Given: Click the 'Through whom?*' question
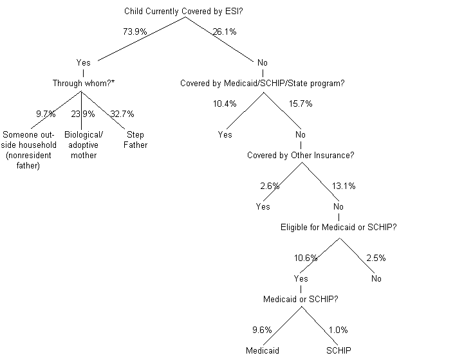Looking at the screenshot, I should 84,83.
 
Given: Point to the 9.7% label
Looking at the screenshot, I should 46,114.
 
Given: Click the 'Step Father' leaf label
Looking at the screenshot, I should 135,139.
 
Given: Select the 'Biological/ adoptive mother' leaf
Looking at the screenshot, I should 83,145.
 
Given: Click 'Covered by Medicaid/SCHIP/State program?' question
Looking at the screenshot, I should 262,83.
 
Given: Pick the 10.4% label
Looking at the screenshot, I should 224,104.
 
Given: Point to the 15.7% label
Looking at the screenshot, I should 300,104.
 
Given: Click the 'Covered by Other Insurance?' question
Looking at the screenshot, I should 301,155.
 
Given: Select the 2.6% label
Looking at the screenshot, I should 270,186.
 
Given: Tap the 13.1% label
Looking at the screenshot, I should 343,186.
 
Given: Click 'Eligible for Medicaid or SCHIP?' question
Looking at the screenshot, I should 339,227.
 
